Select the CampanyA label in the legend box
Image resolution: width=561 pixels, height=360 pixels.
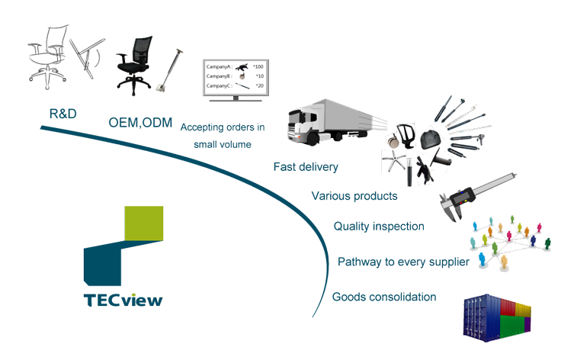[219, 66]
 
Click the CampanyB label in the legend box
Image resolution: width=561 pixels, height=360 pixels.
[219, 76]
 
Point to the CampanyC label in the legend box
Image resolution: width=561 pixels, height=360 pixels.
[219, 86]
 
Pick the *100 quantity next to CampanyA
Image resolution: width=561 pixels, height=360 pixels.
[258, 66]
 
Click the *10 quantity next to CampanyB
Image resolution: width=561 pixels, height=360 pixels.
[259, 76]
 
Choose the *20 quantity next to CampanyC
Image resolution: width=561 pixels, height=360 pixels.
[259, 86]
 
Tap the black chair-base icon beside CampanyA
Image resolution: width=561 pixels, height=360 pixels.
[242, 66]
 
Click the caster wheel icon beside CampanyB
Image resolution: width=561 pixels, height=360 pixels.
[242, 76]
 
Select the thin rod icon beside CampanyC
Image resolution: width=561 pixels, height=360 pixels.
[242, 86]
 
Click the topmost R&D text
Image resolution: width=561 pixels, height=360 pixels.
[60, 114]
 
